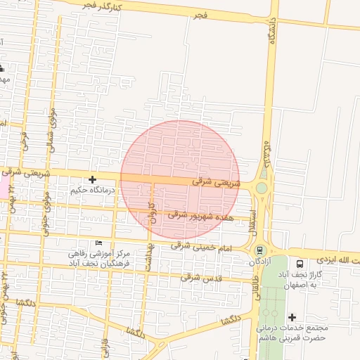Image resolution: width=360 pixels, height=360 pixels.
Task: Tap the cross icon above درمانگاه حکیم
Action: [92, 180]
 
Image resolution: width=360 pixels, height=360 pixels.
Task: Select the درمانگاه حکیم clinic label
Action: [92, 191]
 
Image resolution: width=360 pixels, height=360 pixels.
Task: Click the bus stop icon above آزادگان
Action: [260, 250]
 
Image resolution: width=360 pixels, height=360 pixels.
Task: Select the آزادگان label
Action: [260, 262]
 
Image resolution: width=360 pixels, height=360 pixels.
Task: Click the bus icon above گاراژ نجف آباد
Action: [300, 263]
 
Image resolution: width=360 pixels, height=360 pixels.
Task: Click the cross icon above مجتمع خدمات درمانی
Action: [292, 317]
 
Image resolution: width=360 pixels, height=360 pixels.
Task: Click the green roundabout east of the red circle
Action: [262, 188]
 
